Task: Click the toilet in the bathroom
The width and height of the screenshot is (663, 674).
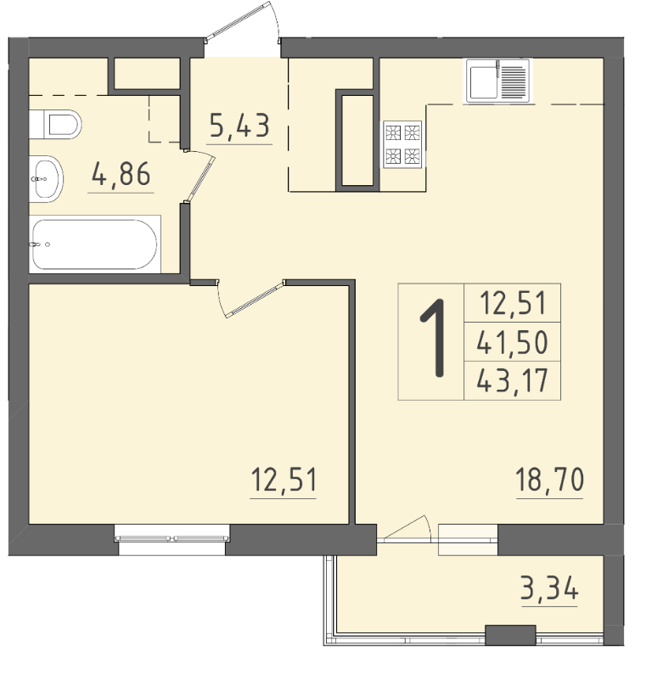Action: click(55, 124)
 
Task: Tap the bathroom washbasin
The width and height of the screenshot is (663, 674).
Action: click(46, 179)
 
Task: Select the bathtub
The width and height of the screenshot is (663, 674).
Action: click(94, 244)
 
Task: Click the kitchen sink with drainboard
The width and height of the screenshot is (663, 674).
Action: click(498, 81)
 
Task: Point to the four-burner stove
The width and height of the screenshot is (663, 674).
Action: click(403, 144)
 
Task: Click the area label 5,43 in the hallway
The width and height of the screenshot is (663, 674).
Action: click(240, 126)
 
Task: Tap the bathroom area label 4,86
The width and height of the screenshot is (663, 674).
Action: click(121, 174)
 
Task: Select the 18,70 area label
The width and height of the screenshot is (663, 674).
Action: click(549, 480)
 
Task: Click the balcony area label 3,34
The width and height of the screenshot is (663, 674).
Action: click(549, 588)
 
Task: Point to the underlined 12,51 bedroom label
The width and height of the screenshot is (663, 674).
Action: click(284, 480)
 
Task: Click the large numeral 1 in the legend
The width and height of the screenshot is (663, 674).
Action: click(434, 339)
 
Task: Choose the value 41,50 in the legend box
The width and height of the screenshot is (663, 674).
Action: click(512, 342)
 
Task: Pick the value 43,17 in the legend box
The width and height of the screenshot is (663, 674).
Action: click(512, 380)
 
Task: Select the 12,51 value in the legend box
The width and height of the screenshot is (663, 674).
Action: click(513, 302)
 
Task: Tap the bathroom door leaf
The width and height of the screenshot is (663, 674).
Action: click(201, 178)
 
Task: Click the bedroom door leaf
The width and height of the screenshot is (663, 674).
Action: click(255, 299)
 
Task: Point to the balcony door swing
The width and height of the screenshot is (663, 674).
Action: click(407, 527)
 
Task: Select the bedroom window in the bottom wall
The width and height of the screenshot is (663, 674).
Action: click(172, 539)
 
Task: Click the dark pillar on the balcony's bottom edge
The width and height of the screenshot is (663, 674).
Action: click(510, 635)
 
